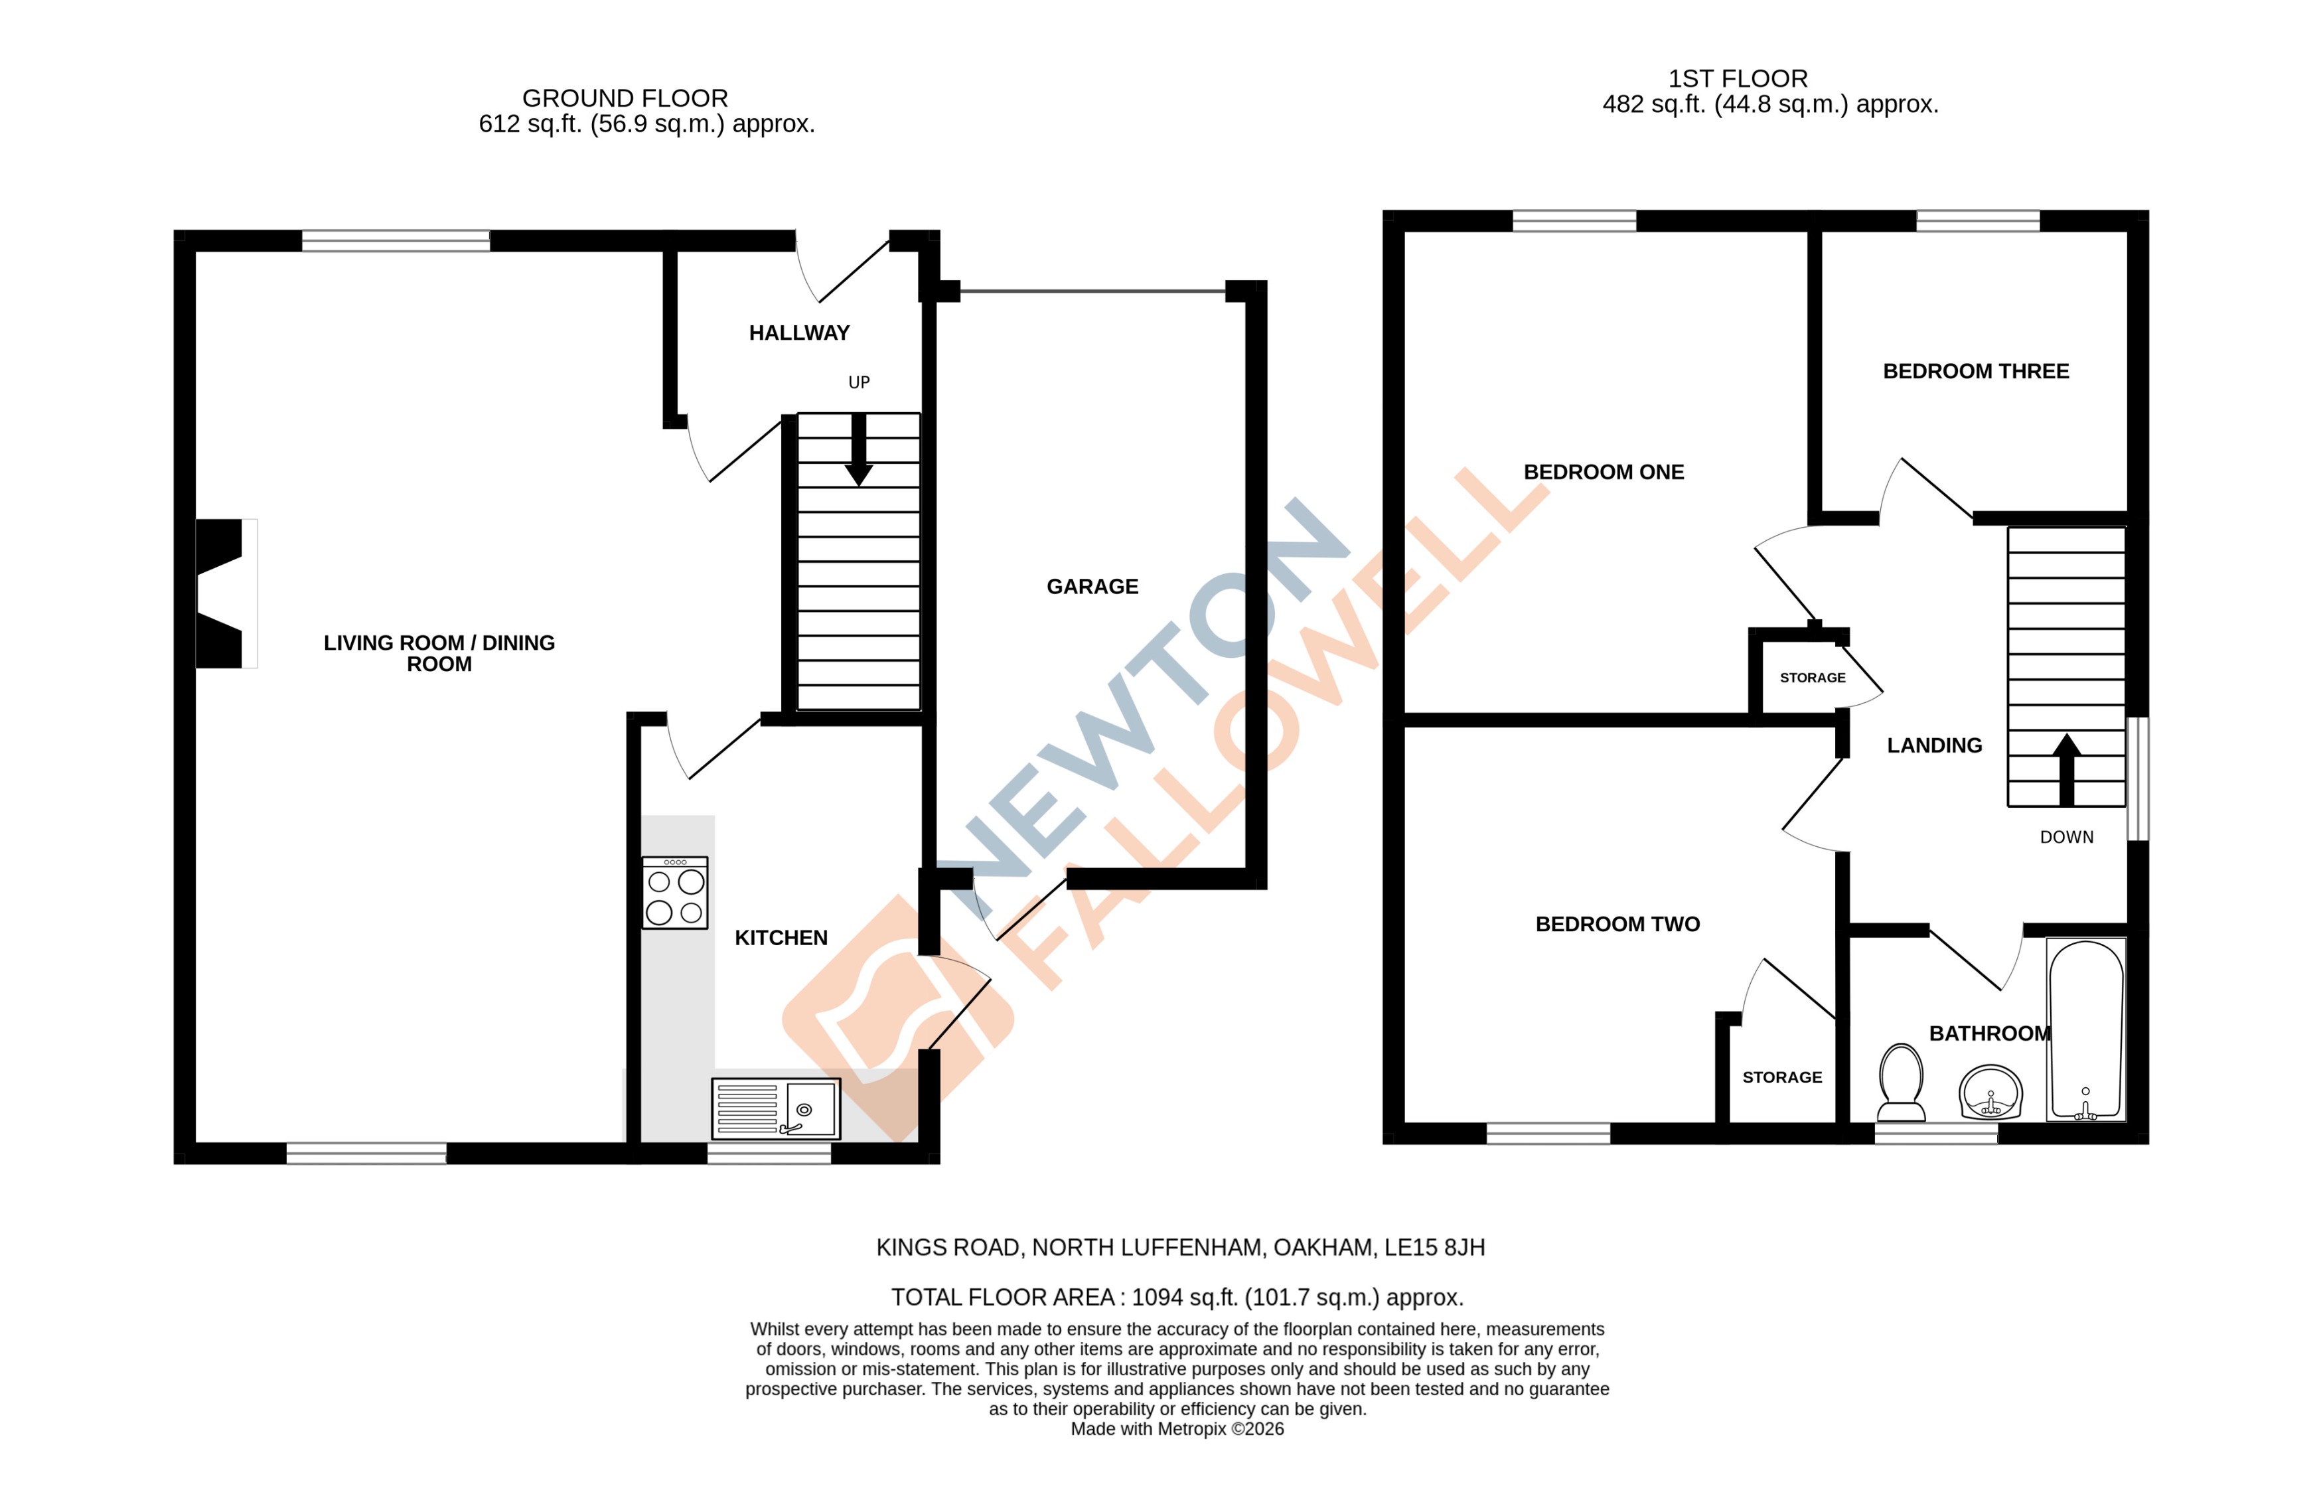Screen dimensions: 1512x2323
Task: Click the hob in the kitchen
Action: tap(674, 892)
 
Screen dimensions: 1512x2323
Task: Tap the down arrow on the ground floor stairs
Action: tap(858, 451)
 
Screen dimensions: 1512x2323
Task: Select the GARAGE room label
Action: tap(1092, 587)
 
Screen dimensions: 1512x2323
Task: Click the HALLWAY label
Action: tap(798, 333)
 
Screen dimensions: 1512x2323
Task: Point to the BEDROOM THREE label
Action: tap(1975, 371)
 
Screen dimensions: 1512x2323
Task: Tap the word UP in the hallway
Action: tap(858, 382)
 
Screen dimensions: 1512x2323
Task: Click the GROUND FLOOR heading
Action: tap(625, 99)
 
